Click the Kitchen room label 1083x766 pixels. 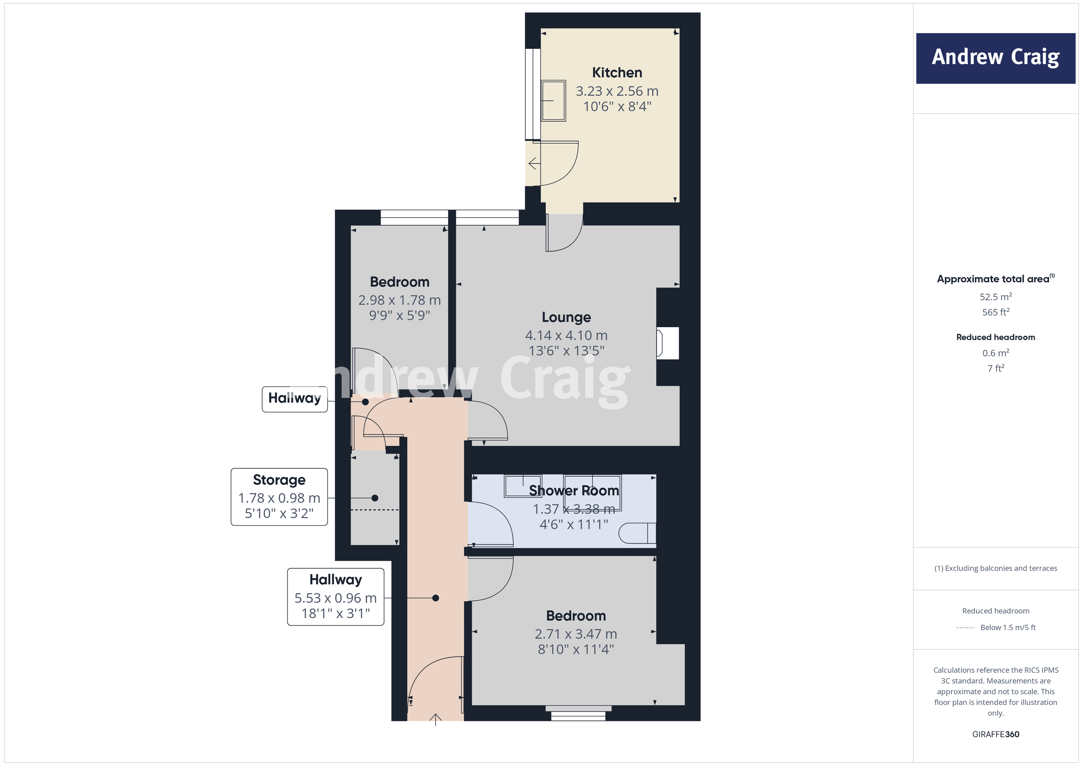617,73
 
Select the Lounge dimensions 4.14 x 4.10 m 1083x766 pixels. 566,335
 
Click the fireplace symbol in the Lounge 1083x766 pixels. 667,343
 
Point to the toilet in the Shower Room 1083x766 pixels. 637,533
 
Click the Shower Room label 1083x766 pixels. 574,491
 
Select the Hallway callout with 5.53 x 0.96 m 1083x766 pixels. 335,597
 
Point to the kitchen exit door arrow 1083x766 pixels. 534,164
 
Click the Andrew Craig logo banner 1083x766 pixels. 995,58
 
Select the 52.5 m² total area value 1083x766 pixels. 995,297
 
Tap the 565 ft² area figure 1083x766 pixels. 995,312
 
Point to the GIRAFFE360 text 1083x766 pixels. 995,734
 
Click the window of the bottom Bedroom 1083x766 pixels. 578,713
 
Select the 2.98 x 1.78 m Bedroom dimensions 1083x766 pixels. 399,300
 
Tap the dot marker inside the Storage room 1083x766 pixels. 374,498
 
